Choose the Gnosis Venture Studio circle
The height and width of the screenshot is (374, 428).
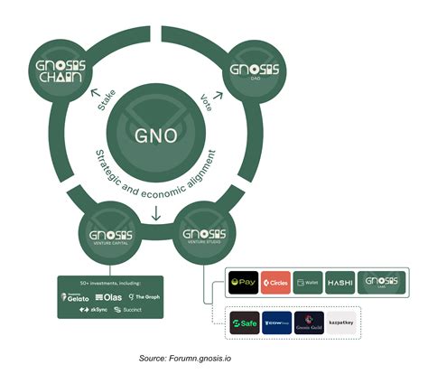[200, 231]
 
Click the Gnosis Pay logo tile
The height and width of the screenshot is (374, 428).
[245, 282]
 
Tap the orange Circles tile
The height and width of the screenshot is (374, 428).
[275, 282]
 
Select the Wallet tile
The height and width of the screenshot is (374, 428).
[308, 282]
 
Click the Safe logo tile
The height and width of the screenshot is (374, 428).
[246, 323]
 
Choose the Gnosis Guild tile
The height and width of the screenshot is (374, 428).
[309, 323]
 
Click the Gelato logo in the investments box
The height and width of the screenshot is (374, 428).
[77, 296]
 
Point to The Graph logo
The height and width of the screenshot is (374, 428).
[144, 296]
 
